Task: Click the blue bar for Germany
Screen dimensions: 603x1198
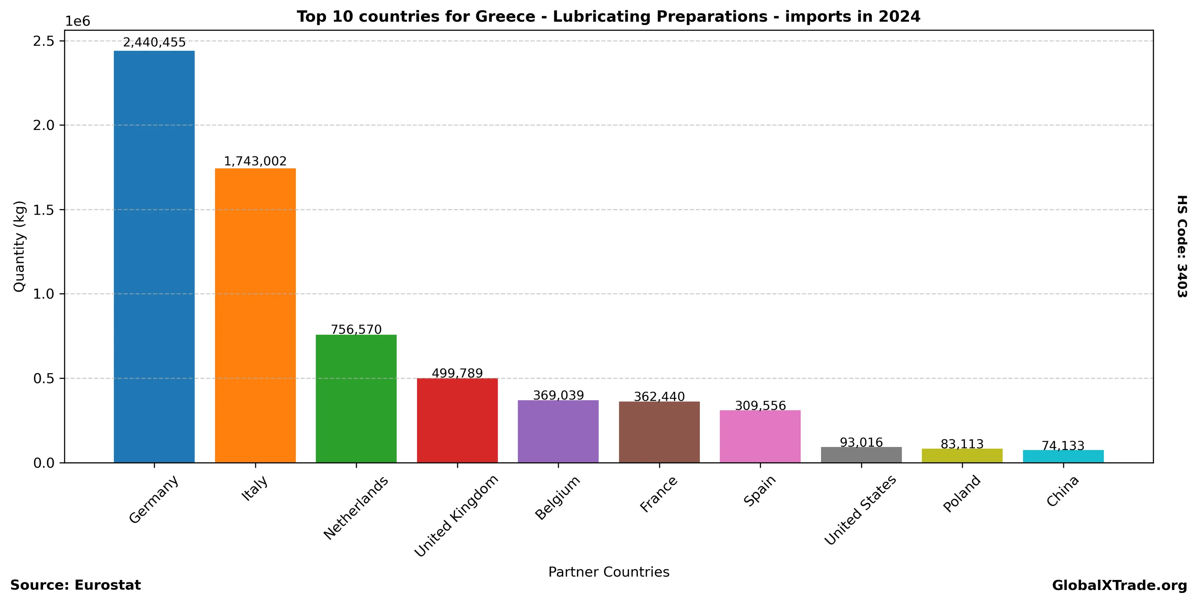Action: (x=154, y=256)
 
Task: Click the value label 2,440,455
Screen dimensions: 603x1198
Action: (x=154, y=42)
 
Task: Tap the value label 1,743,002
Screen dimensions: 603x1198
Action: (x=255, y=161)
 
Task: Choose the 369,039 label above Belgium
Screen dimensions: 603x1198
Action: (x=558, y=395)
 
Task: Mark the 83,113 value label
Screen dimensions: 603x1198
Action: (x=962, y=444)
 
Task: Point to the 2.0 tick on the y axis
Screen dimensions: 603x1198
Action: (x=44, y=125)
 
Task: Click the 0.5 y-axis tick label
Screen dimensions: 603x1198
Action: (x=44, y=378)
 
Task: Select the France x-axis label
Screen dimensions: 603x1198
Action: (x=659, y=494)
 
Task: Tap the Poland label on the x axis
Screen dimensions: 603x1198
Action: (x=962, y=494)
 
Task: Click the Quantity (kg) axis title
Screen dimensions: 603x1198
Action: (x=19, y=246)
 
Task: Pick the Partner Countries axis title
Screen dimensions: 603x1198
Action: (x=608, y=572)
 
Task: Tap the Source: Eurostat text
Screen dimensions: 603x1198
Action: (x=75, y=585)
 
